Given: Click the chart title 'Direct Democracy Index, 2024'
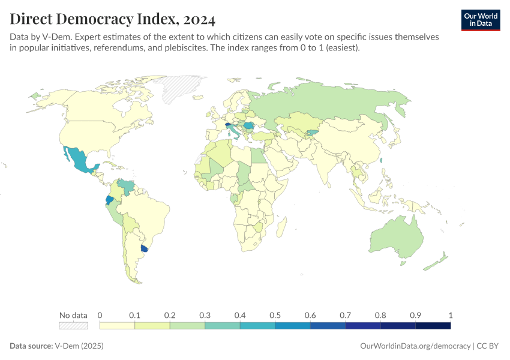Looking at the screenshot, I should pos(112,19).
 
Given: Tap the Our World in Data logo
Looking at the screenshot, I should pos(480,19).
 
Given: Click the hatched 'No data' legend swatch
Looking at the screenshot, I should pos(73,325).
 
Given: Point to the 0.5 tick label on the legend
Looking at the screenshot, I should pos(275,315).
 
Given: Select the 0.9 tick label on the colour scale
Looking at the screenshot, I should pos(415,315).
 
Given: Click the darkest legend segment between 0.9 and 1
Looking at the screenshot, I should pos(433,325).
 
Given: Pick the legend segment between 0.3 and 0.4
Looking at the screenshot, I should pos(222,325).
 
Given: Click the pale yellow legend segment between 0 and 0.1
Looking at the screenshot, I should pos(117,325).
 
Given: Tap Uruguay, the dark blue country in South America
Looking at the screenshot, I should pos(144,248).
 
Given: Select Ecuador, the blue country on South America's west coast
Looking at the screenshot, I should pos(110,200).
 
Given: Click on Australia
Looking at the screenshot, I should pos(396,237).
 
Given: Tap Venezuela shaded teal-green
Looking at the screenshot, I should pos(125,185).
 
